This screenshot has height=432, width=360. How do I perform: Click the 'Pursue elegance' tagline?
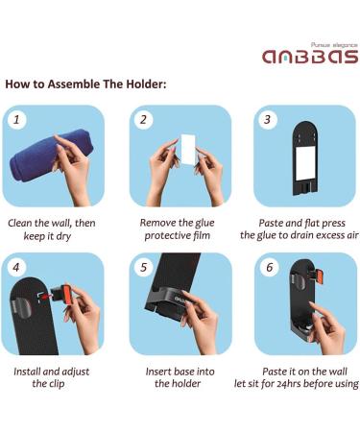point(334,45)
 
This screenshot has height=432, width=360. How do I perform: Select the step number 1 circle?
point(17,120)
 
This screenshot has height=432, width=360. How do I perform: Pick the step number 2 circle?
point(144,120)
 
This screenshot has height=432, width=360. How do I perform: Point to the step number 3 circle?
point(268,120)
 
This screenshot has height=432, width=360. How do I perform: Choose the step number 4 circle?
point(17,267)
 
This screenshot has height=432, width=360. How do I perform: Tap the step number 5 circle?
point(144,267)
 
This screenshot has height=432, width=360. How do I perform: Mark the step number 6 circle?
point(270,267)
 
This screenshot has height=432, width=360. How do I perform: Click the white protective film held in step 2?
point(187,150)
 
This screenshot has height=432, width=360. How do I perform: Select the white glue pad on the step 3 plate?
point(305,163)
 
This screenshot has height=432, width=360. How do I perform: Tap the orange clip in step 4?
point(67,295)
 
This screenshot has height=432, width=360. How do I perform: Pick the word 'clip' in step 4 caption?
point(57,384)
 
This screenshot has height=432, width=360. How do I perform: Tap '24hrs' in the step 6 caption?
point(287,384)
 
